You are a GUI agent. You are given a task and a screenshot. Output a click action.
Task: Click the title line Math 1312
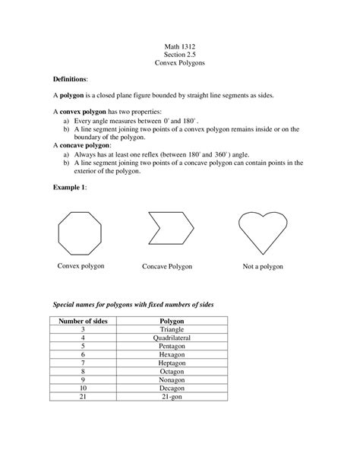pos(180,47)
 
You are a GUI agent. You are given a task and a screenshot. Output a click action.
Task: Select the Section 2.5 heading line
pos(180,55)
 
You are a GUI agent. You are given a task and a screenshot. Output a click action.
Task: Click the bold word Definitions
pos(70,79)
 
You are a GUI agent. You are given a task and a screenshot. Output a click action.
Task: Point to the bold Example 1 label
pos(69,185)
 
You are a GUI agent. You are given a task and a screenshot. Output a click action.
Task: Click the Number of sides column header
pos(83,322)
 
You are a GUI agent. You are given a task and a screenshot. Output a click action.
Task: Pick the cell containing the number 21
pos(82,397)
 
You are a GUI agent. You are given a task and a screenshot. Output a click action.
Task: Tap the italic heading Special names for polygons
pos(132,304)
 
